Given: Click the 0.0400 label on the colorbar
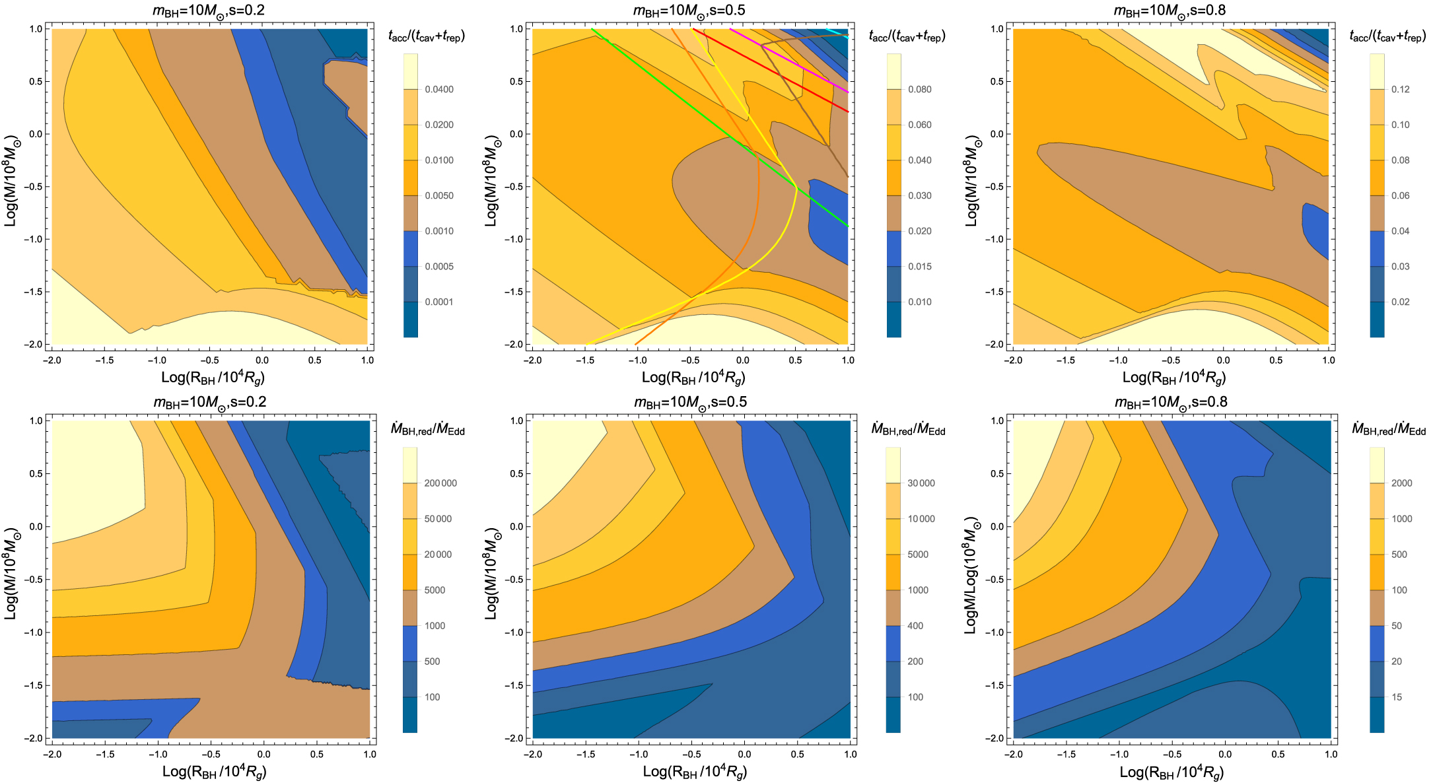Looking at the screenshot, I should pos(438,89).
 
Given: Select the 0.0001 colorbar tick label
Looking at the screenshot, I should pos(438,302).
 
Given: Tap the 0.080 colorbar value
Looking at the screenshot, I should pos(919,89).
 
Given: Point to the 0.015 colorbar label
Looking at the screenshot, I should pos(919,266).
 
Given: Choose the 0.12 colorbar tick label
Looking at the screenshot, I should pos(1400,89).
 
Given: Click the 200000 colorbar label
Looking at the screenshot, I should pos(440,483).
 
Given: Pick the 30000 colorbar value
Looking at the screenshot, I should pos(921,483).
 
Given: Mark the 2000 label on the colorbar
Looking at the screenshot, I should pos(1401,483).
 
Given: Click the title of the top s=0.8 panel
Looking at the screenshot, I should pos(1170,11).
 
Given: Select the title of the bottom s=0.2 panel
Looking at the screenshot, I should pos(209,402).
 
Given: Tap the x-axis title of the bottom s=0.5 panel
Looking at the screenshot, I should pos(695,771).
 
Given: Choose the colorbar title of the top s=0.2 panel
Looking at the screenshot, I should pos(427,36).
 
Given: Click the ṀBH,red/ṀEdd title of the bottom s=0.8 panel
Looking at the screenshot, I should pos(1388,430).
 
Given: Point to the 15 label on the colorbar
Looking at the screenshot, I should pos(1396,697).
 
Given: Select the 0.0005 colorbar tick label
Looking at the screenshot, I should pos(438,266).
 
